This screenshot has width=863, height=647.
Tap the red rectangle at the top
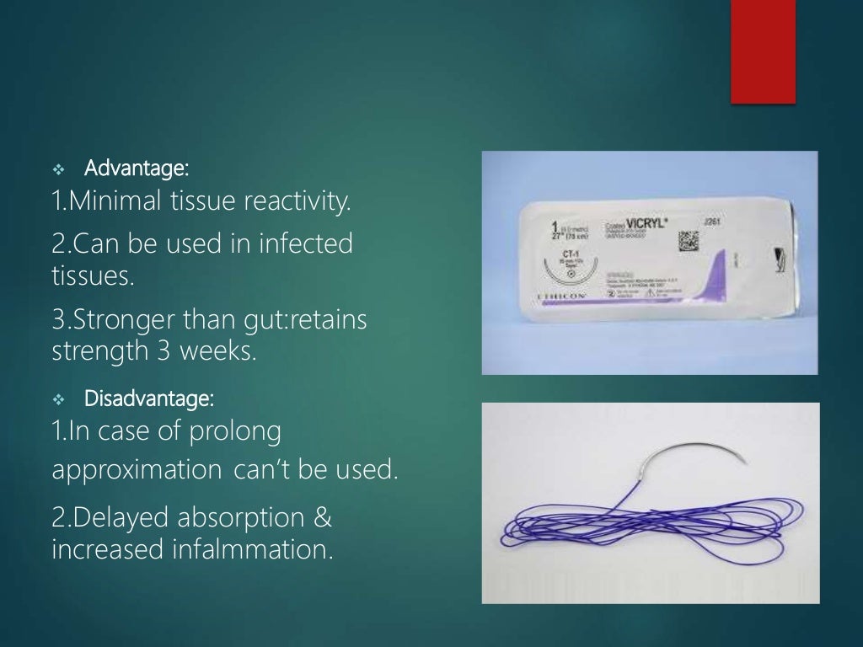coord(763,51)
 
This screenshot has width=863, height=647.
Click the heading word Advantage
coord(137,168)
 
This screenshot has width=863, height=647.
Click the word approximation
coord(135,470)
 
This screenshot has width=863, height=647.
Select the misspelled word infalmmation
coord(244,550)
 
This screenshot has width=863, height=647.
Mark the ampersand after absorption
coord(322,518)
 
